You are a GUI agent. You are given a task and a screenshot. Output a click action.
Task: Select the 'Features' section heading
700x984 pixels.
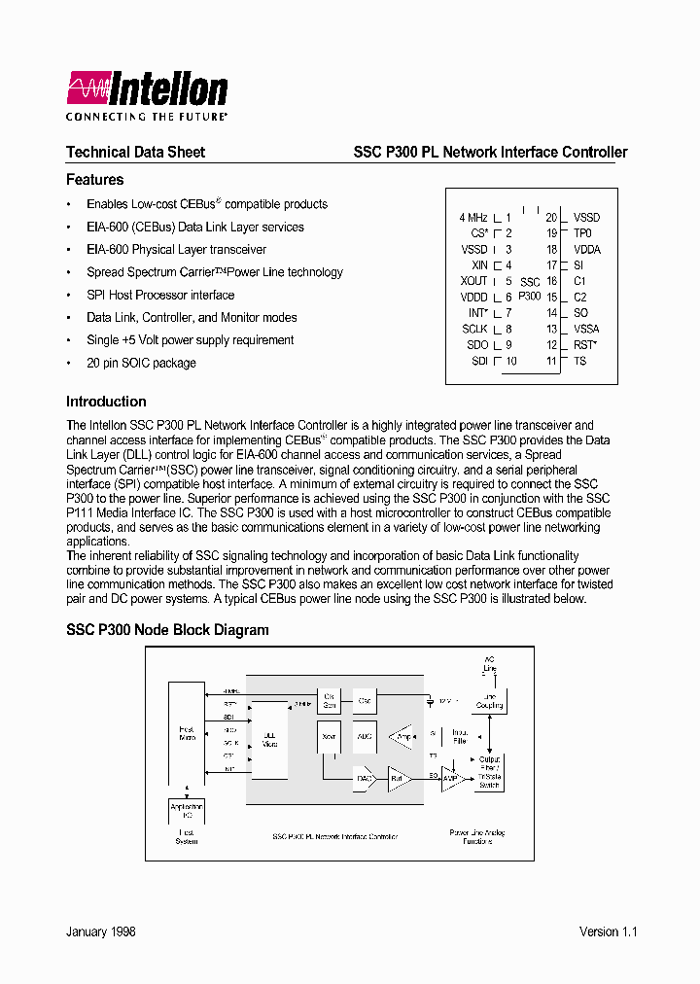point(94,180)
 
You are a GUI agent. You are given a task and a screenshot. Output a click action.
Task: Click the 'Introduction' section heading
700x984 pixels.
point(106,402)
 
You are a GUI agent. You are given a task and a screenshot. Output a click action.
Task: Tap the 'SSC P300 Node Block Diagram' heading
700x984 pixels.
point(167,630)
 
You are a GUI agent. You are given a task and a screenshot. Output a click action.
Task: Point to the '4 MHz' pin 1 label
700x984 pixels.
point(472,218)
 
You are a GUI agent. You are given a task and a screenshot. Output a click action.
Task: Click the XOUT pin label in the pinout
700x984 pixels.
point(473,281)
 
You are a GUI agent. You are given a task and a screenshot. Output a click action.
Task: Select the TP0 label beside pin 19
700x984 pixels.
point(582,233)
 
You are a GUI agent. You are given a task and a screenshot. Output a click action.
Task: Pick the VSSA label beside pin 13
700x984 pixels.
point(586,330)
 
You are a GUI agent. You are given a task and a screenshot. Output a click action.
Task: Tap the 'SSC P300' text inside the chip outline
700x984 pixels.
point(529,289)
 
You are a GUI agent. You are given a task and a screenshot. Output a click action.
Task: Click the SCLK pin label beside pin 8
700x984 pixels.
point(474,330)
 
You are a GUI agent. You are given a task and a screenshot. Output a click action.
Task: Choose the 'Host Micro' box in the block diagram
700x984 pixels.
point(187,734)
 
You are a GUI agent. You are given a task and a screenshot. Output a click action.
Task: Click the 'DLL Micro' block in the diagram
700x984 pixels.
point(269,740)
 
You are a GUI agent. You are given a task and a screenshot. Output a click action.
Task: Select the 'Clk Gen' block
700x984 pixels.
point(330,700)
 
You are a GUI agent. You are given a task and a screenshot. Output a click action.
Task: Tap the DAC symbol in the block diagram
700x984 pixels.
point(364,778)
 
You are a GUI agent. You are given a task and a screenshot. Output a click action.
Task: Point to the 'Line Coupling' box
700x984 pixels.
point(489,701)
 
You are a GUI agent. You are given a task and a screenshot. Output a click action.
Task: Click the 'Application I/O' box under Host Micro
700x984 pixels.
point(187,810)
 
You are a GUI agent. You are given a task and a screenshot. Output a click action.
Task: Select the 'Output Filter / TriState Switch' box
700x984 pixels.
point(489,772)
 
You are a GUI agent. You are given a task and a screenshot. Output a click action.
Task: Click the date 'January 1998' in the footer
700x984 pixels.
point(101,931)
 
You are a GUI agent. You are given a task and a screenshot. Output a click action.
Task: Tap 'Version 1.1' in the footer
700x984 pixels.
point(608,931)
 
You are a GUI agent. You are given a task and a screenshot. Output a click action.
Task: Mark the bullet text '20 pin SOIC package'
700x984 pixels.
point(141,363)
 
